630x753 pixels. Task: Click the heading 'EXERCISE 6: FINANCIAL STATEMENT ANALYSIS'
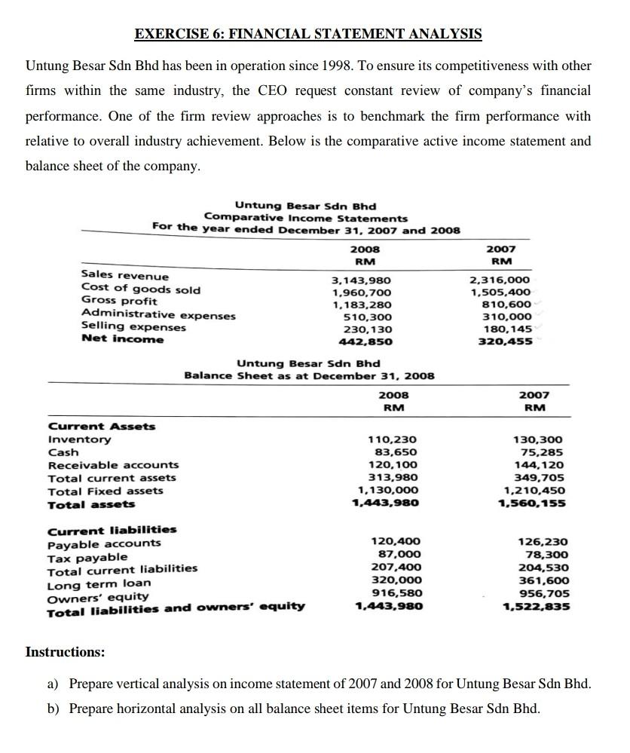[x=307, y=34]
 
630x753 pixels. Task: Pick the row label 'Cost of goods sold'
[x=140, y=289]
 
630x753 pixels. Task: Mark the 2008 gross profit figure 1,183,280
[x=362, y=305]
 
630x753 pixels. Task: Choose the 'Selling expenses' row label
[x=133, y=326]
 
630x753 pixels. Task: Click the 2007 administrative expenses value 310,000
[x=506, y=317]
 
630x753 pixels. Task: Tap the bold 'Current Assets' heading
[x=102, y=427]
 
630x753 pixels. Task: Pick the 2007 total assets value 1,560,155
[x=534, y=504]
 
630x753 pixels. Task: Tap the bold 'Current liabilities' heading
[x=112, y=530]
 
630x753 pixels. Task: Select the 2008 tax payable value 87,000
[x=399, y=555]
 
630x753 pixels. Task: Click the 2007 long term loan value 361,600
[x=543, y=580]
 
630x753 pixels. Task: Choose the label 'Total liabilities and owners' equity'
[x=176, y=607]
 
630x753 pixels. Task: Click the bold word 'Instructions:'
[x=66, y=651]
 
